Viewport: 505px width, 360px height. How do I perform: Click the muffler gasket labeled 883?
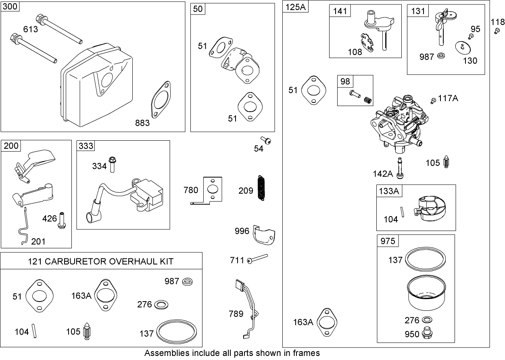tap(163, 102)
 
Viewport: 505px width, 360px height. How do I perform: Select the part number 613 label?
tap(31, 29)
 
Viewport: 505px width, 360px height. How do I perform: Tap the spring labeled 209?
tap(261, 188)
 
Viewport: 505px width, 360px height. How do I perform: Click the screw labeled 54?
tap(267, 140)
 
